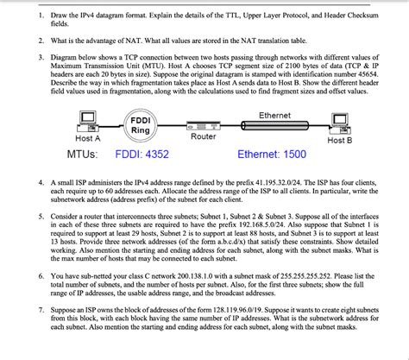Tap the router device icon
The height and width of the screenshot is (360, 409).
[204, 123]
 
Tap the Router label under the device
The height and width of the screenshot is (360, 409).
[204, 136]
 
